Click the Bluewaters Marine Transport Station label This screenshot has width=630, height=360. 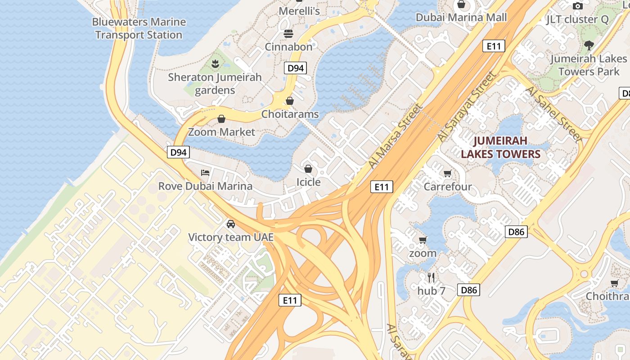coord(139,28)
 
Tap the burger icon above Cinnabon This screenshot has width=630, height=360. coord(288,34)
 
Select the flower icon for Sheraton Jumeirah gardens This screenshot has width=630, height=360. coord(215,64)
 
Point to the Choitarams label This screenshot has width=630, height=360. coord(290,114)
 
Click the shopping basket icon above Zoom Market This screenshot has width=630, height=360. coord(221,119)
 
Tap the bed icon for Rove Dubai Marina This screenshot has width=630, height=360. coord(205,172)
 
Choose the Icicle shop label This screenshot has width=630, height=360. coord(308,182)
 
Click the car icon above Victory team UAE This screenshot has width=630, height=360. coord(230,224)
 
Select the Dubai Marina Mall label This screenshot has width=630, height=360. coord(461,18)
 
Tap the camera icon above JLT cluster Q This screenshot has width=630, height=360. coord(577,6)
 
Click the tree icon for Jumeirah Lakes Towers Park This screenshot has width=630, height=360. coord(589,45)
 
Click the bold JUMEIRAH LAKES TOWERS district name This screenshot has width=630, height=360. coord(500,148)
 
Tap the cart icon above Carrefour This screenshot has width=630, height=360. coord(447,174)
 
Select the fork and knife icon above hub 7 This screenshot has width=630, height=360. coord(431,277)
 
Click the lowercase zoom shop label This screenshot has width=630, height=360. coord(423,253)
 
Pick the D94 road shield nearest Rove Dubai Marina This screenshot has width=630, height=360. coord(179,152)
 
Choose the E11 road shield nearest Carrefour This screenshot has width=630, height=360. coord(382,187)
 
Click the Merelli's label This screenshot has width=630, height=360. coord(299,11)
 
